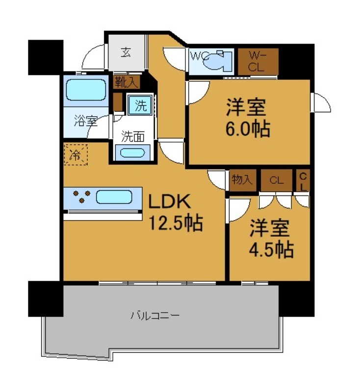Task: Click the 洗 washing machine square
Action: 139,105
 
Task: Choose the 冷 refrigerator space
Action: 76,155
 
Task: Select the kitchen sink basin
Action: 114,197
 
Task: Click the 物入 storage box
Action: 242,180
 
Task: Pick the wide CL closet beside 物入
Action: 276,180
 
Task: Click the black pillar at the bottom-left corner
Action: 45,298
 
